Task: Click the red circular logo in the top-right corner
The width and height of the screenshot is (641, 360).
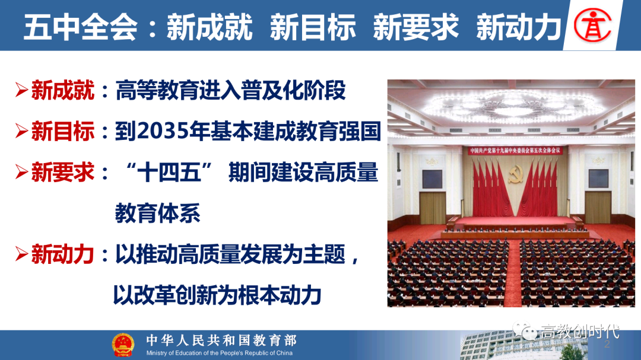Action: [x=592, y=25]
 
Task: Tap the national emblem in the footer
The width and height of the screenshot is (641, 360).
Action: [x=123, y=345]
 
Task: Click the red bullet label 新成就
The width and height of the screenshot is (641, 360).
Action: [x=62, y=90]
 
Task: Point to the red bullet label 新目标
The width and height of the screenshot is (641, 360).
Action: [x=62, y=131]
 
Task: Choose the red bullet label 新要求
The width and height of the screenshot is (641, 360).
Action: [x=62, y=172]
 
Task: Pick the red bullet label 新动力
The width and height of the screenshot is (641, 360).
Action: [x=62, y=254]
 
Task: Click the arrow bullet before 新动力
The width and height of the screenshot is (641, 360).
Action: [x=21, y=254]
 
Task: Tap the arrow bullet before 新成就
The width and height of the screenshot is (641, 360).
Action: [x=21, y=90]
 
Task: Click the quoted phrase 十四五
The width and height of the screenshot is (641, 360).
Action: [x=169, y=172]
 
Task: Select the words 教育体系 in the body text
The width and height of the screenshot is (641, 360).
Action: [x=157, y=213]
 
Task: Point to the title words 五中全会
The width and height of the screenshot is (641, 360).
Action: [x=81, y=27]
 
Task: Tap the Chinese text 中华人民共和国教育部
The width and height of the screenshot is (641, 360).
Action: [x=221, y=340]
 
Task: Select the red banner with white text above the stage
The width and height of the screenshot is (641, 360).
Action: [x=515, y=151]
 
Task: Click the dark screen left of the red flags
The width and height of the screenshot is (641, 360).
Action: [x=432, y=179]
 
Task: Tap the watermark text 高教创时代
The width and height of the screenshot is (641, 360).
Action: [x=580, y=332]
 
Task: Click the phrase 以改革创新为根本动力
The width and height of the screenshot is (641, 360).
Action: [x=217, y=295]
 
